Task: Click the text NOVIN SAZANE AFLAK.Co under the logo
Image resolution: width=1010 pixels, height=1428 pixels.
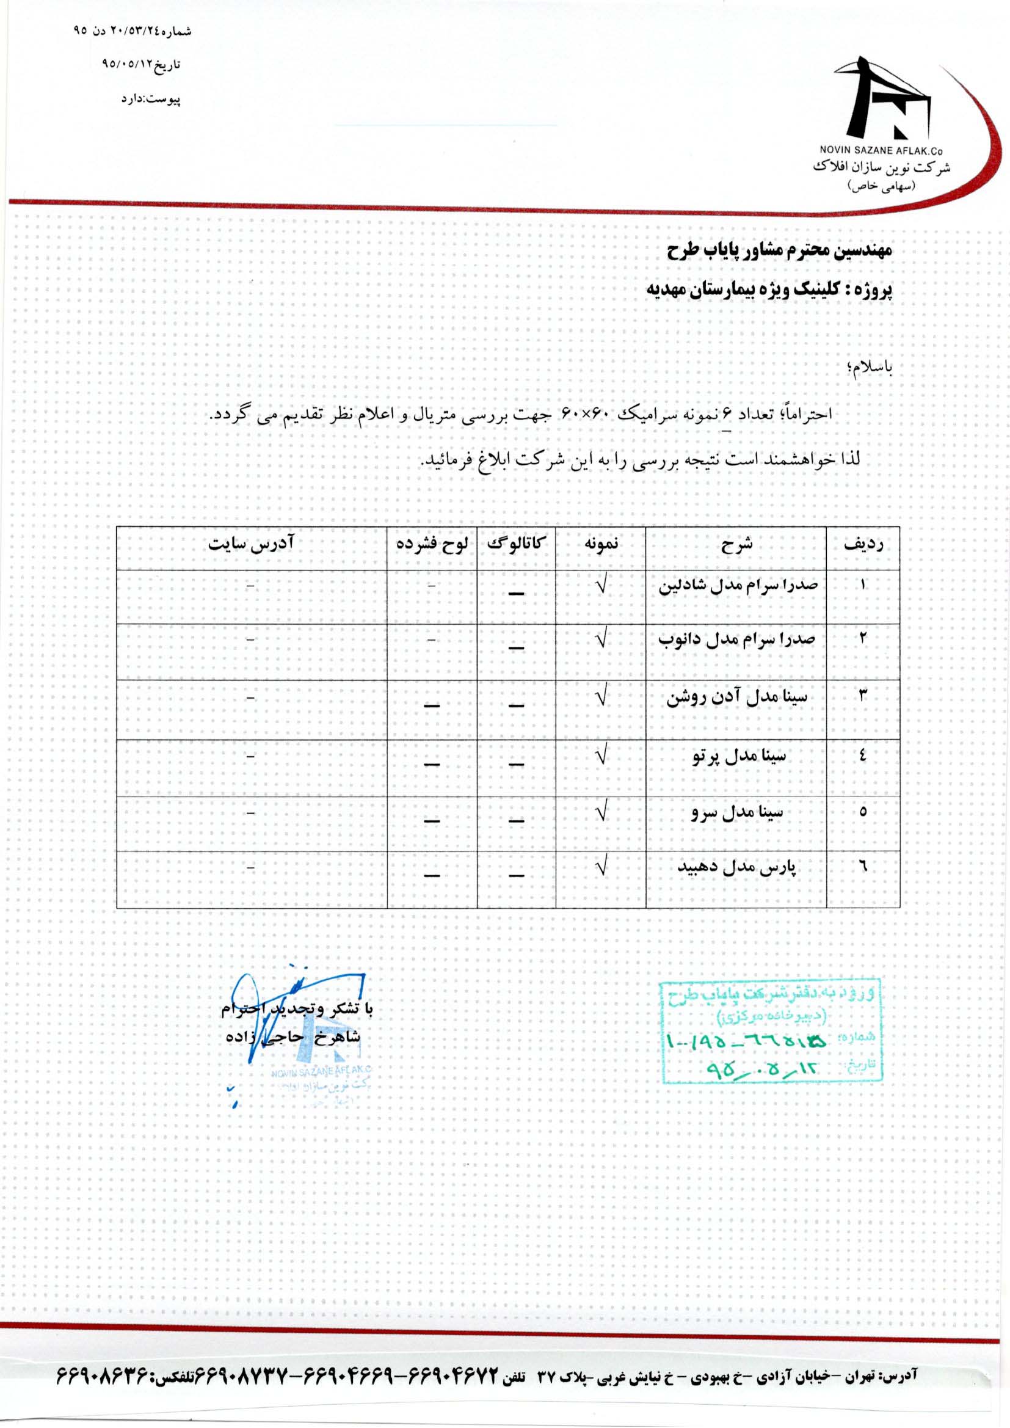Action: [x=882, y=151]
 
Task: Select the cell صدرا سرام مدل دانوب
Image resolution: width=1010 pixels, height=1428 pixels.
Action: [x=736, y=639]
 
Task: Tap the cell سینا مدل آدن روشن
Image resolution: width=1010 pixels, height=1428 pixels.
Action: [x=737, y=698]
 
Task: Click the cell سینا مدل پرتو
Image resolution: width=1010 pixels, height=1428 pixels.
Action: [x=739, y=756]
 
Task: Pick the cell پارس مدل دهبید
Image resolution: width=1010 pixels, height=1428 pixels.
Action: [x=737, y=867]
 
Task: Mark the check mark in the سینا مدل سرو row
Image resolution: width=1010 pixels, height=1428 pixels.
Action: [x=601, y=813]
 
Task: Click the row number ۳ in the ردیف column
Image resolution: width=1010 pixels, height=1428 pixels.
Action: [x=863, y=696]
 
